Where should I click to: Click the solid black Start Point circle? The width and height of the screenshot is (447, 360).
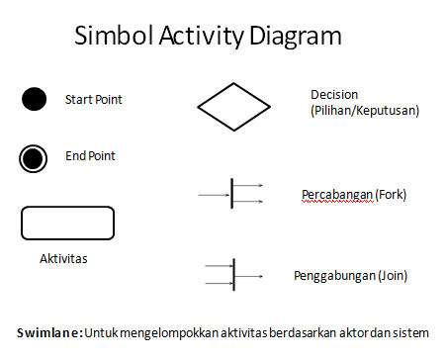pyautogui.click(x=34, y=99)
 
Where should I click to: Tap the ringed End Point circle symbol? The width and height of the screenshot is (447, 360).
pyautogui.click(x=34, y=157)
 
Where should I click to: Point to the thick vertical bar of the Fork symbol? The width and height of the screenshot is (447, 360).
pyautogui.click(x=232, y=193)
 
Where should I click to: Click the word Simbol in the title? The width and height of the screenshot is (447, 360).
pyautogui.click(x=111, y=38)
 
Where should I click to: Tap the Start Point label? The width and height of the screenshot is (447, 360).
pyautogui.click(x=94, y=99)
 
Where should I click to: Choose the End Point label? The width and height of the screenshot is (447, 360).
pyautogui.click(x=90, y=156)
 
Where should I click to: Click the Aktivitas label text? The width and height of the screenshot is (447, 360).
pyautogui.click(x=63, y=258)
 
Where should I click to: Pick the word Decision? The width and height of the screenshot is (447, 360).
pyautogui.click(x=333, y=95)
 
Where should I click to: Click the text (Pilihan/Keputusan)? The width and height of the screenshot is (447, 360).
pyautogui.click(x=365, y=111)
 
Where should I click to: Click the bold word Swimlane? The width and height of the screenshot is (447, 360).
pyautogui.click(x=50, y=330)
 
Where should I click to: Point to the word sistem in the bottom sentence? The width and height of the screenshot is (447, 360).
pyautogui.click(x=421, y=330)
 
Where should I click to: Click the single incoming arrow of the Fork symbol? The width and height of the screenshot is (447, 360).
pyautogui.click(x=214, y=194)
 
